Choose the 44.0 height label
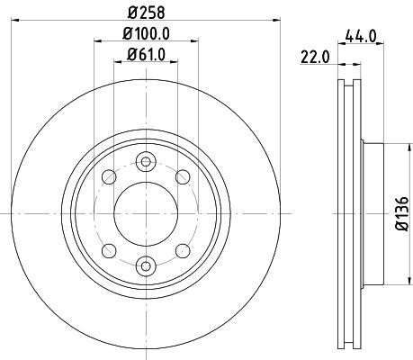(x=359, y=38)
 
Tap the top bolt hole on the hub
(x=145, y=161)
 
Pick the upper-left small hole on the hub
(x=108, y=176)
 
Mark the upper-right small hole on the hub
(x=182, y=176)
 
